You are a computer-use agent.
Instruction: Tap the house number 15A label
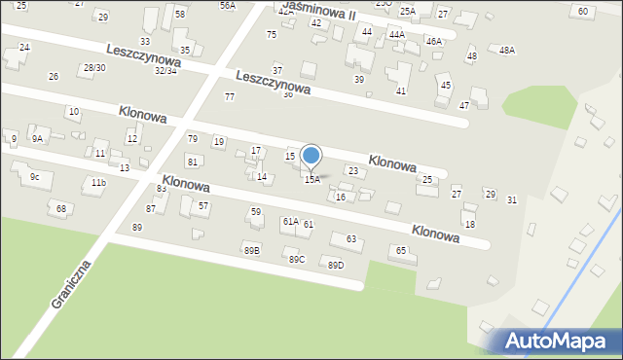pos(311,180)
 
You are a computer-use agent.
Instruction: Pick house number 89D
pos(335,265)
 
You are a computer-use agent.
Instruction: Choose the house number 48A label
pos(506,50)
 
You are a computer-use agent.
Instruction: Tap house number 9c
pos(34,176)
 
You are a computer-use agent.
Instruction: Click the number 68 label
pos(61,208)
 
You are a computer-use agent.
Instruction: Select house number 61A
pos(290,222)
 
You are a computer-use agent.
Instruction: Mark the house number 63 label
pos(350,238)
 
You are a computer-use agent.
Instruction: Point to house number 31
pos(512,199)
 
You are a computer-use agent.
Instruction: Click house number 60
pos(582,11)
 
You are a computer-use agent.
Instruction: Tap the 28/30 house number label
pos(93,67)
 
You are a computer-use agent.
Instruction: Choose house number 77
pos(230,96)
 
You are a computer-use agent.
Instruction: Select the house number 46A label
pos(433,41)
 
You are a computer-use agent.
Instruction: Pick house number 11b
pos(97,182)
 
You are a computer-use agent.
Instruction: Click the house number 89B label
pos(251,250)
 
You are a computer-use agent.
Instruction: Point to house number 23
pos(353,171)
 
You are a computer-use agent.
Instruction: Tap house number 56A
pos(227,5)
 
